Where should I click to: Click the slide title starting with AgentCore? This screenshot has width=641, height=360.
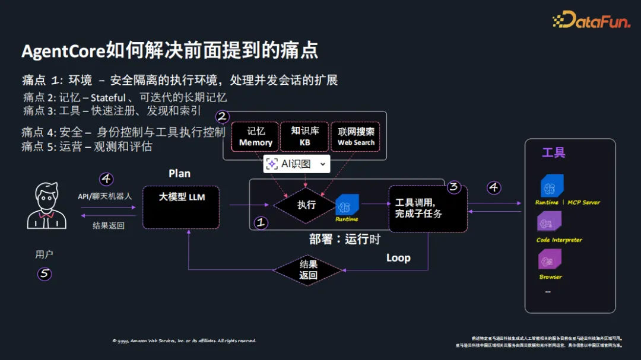click(170, 50)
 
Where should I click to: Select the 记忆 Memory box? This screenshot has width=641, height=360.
click(255, 136)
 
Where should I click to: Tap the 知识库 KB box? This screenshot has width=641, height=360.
click(304, 136)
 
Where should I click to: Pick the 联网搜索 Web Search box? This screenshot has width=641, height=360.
click(356, 136)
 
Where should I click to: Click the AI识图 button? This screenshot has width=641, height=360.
click(296, 164)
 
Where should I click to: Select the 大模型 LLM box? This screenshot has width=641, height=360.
click(181, 207)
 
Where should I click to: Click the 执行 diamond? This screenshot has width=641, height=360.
click(306, 205)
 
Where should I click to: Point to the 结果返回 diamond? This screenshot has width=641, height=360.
click(308, 270)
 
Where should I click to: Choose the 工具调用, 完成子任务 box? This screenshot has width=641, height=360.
click(427, 208)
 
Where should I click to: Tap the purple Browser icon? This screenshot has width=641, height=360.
click(549, 259)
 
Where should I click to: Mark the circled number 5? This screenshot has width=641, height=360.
click(45, 274)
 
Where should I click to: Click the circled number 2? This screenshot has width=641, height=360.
click(223, 116)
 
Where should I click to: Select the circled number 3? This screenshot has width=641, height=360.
click(454, 187)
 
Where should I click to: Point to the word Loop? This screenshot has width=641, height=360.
click(398, 257)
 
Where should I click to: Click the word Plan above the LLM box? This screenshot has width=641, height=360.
click(179, 173)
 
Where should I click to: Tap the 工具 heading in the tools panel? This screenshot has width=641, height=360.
click(553, 153)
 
